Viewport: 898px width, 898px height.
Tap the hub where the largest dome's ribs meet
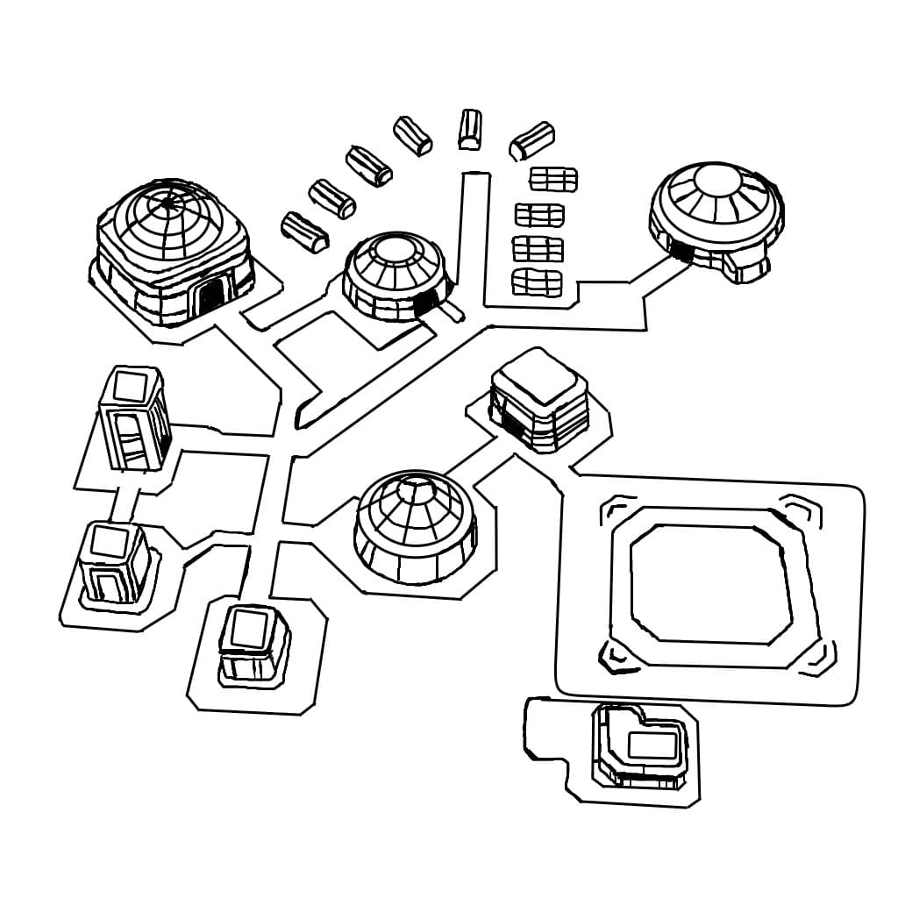(167, 204)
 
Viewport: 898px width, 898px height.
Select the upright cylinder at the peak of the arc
(470, 129)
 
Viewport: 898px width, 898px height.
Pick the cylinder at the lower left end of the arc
(304, 231)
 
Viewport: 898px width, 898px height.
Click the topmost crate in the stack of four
(553, 180)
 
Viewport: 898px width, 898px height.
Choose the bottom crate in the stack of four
(536, 282)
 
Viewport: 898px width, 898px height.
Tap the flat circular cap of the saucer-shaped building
(717, 182)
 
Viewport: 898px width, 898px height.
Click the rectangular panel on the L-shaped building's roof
(653, 745)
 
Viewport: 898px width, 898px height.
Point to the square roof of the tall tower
(132, 386)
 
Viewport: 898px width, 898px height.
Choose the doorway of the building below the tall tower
(107, 585)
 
